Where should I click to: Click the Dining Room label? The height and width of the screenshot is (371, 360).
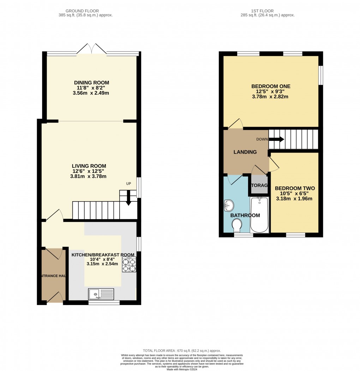point(91,83)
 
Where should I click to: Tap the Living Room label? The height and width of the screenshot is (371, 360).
point(89,166)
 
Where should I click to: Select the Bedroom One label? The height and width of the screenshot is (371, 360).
point(271,86)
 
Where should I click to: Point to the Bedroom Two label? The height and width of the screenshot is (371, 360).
point(294,188)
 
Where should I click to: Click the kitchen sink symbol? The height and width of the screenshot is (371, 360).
point(101,294)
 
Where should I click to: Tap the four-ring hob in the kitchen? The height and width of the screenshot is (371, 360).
point(129,265)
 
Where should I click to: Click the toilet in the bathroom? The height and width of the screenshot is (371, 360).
point(237,225)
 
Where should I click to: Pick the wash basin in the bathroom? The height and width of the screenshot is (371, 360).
point(228,204)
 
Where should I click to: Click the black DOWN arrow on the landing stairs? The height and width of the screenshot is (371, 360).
point(276,139)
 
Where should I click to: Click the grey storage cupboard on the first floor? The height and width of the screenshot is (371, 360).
point(259,185)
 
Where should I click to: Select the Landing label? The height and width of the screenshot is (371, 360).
point(245,152)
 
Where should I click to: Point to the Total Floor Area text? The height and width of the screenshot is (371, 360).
point(180,350)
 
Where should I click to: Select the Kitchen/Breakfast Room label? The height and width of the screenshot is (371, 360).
point(103,255)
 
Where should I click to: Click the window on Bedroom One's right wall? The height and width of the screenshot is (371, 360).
point(320,75)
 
